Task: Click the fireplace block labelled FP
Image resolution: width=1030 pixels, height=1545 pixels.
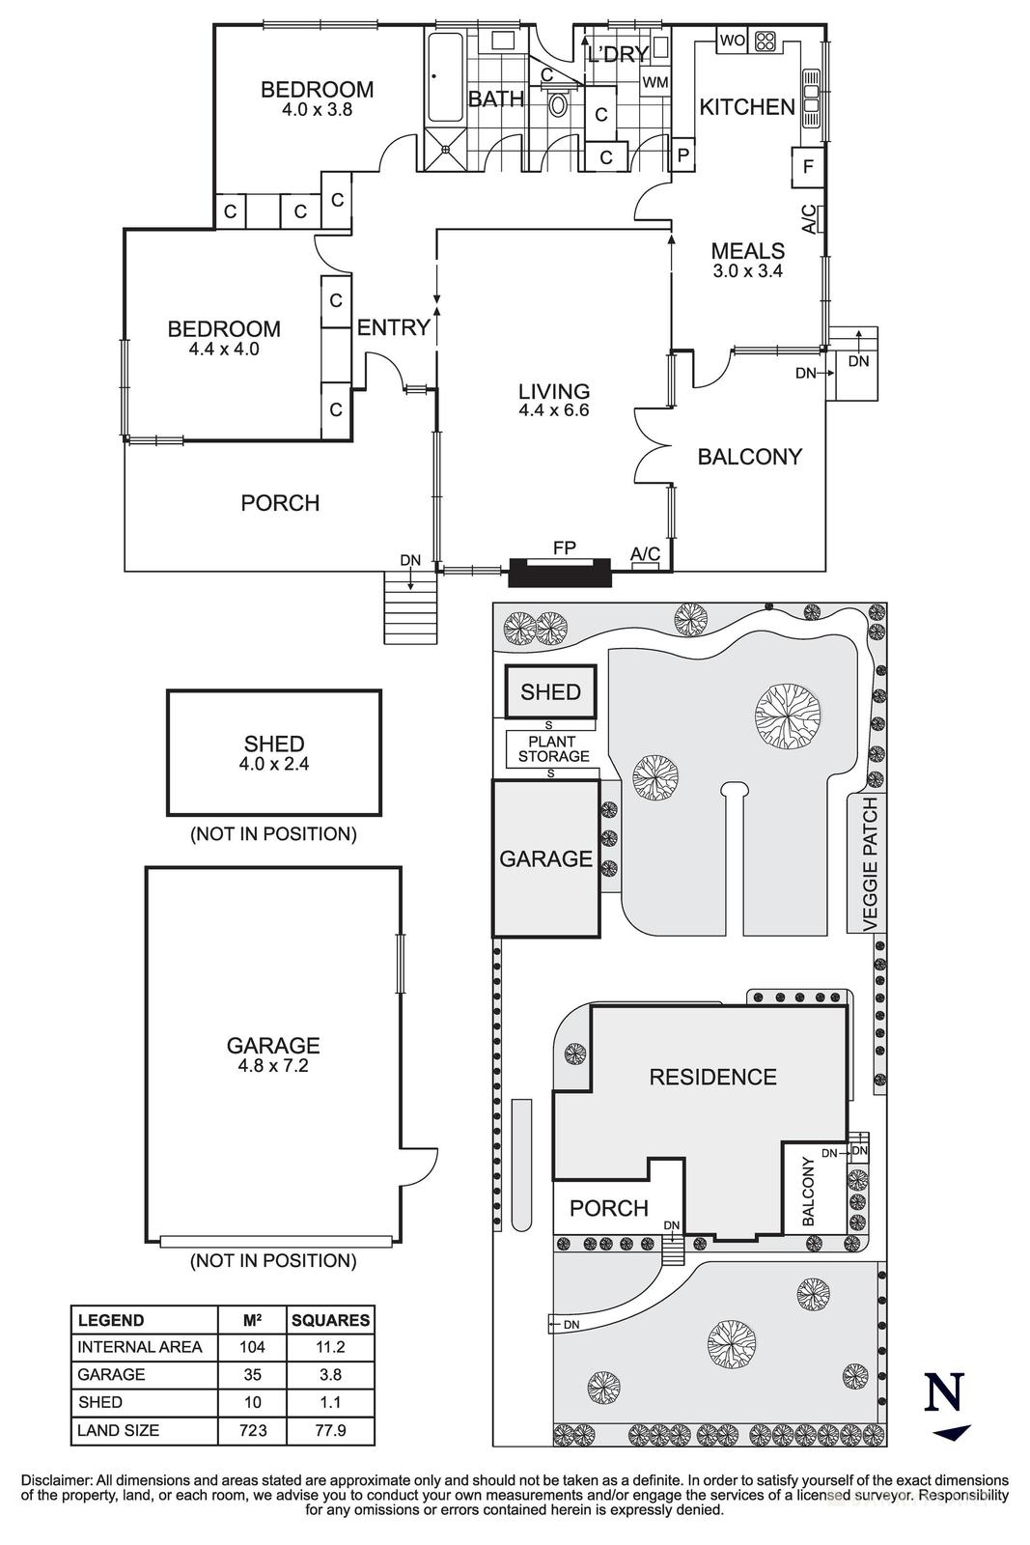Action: (x=560, y=573)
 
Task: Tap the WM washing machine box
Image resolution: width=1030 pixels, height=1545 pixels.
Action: (x=655, y=83)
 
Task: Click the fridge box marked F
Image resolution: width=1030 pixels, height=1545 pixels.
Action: (x=808, y=167)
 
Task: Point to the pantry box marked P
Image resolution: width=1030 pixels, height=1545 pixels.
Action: (x=683, y=154)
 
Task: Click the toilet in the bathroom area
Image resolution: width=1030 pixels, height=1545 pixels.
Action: (x=558, y=102)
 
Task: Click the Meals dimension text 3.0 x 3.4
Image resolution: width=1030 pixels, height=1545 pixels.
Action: (x=747, y=271)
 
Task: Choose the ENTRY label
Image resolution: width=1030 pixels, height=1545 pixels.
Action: (x=393, y=327)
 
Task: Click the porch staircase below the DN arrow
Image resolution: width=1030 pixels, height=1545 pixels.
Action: (x=412, y=608)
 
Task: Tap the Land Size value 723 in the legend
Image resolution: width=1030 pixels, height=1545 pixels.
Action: (x=253, y=1430)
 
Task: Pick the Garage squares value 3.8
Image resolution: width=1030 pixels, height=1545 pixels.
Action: (x=330, y=1374)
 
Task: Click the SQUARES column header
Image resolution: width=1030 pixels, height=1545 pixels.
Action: (x=330, y=1320)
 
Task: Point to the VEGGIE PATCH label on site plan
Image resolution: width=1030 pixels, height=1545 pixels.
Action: (x=871, y=863)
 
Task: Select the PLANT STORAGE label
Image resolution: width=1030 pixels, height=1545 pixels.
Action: (x=553, y=749)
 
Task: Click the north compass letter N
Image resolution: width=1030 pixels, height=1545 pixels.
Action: (x=944, y=1392)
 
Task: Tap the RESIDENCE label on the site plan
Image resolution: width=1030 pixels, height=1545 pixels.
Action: (x=712, y=1077)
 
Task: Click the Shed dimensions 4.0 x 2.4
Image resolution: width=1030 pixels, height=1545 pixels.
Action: (x=274, y=763)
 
